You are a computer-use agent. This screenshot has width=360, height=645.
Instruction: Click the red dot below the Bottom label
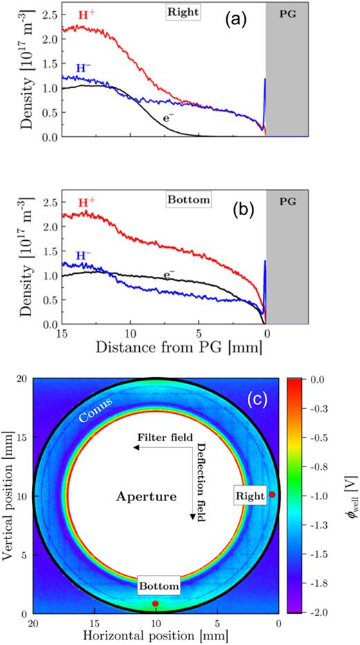click(x=156, y=603)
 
